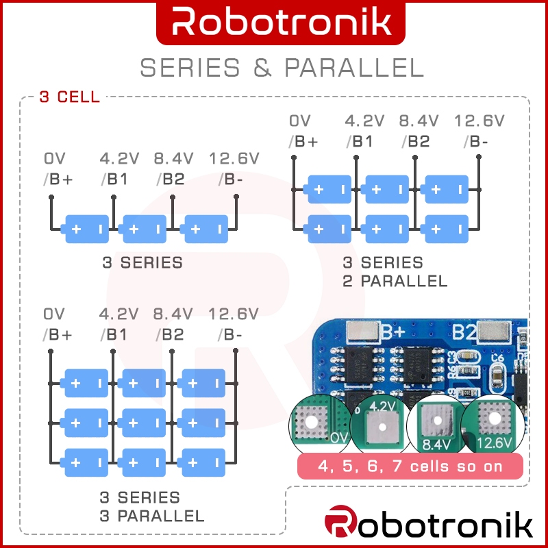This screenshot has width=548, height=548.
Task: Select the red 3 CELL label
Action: [x=69, y=97]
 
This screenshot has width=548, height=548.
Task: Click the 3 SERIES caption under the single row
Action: [x=142, y=262]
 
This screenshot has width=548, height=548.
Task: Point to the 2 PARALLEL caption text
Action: [x=395, y=281]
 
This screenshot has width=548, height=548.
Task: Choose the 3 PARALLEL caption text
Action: [x=152, y=515]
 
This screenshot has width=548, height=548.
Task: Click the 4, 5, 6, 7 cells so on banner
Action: [x=410, y=467]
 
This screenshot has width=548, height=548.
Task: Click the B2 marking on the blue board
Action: [x=464, y=332]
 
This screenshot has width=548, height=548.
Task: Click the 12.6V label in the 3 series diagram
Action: [x=234, y=159]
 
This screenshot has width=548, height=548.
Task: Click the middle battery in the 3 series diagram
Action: [x=143, y=229]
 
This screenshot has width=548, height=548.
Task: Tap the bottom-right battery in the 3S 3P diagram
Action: [x=201, y=462]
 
